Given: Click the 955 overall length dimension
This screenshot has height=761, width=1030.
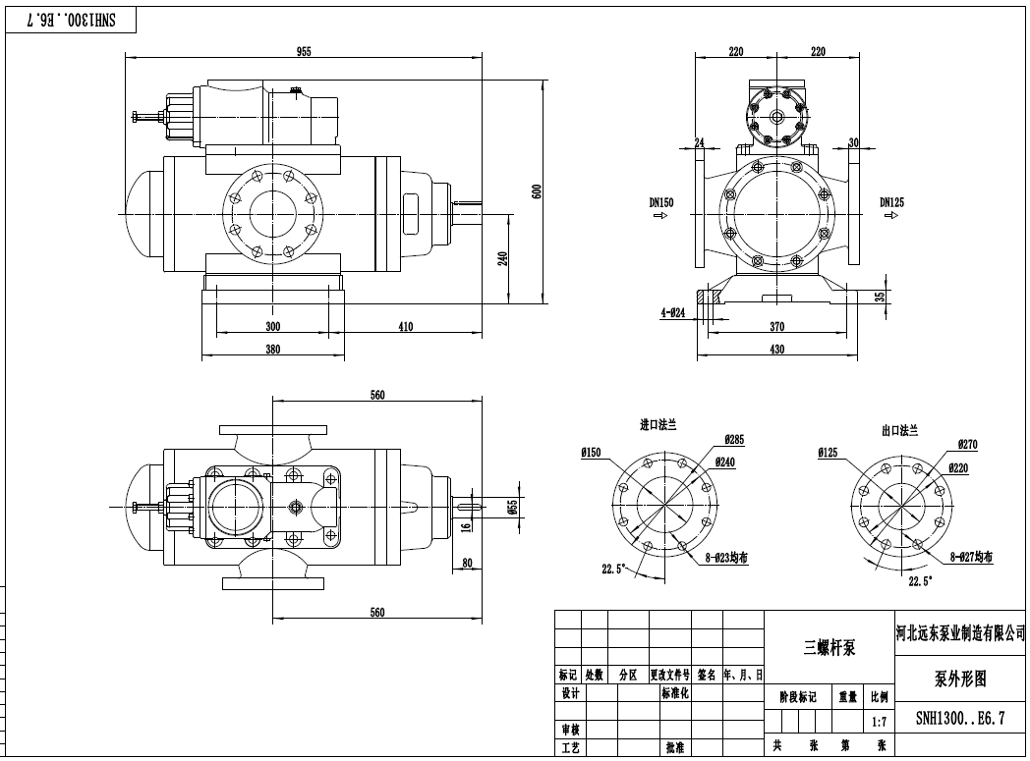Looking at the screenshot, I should (x=304, y=52).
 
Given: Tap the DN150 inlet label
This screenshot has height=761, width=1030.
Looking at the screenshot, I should (x=661, y=203).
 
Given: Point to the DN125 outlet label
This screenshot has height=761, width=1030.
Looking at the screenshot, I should (x=891, y=203).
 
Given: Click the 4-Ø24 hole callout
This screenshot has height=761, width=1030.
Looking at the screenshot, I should (x=673, y=313).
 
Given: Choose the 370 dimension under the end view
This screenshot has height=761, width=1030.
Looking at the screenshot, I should (x=776, y=327).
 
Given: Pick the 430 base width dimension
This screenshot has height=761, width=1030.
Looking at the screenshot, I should (x=776, y=350).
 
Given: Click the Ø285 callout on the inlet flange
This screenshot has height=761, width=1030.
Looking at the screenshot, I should (x=733, y=438).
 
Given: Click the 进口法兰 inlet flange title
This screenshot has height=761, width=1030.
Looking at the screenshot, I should (x=658, y=425).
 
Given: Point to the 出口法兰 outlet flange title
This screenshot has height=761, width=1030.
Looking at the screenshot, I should (x=899, y=430).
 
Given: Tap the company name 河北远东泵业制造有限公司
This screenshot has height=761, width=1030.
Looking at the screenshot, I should (x=960, y=631).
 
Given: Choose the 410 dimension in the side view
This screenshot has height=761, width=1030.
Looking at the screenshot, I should (x=405, y=327).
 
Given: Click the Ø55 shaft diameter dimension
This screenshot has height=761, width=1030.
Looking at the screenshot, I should (x=512, y=506).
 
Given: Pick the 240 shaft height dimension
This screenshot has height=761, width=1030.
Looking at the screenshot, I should (x=502, y=258).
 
